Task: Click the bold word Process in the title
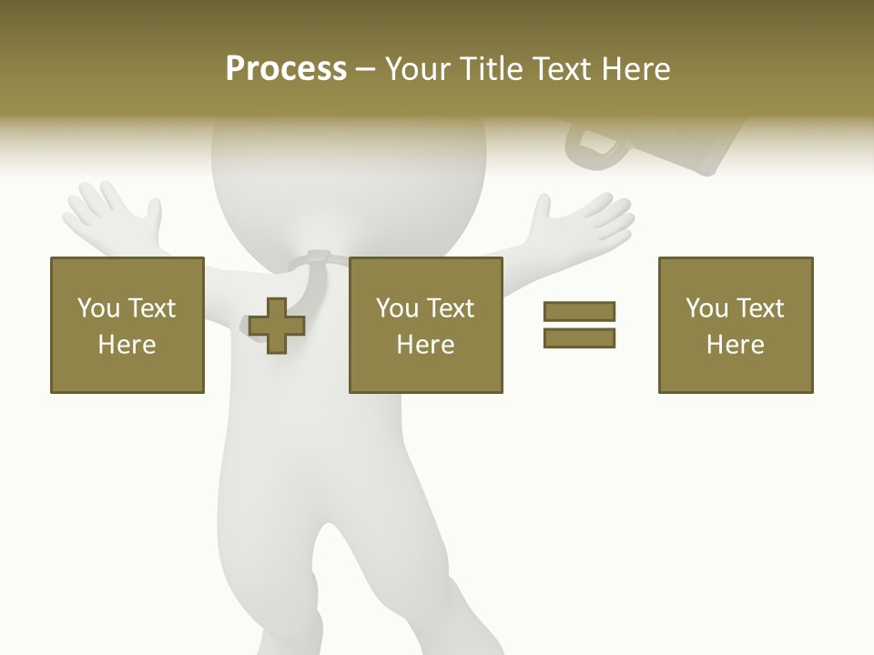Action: click(286, 69)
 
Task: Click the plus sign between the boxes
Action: click(277, 325)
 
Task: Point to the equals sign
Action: click(579, 325)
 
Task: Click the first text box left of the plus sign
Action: click(127, 325)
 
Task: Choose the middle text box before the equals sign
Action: click(425, 325)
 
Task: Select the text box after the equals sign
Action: click(735, 325)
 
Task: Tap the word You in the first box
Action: click(98, 308)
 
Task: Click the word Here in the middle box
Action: click(425, 345)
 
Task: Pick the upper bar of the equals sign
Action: click(579, 312)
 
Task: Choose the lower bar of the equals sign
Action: click(579, 338)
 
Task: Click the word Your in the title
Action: click(417, 69)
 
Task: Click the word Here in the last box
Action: click(735, 345)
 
